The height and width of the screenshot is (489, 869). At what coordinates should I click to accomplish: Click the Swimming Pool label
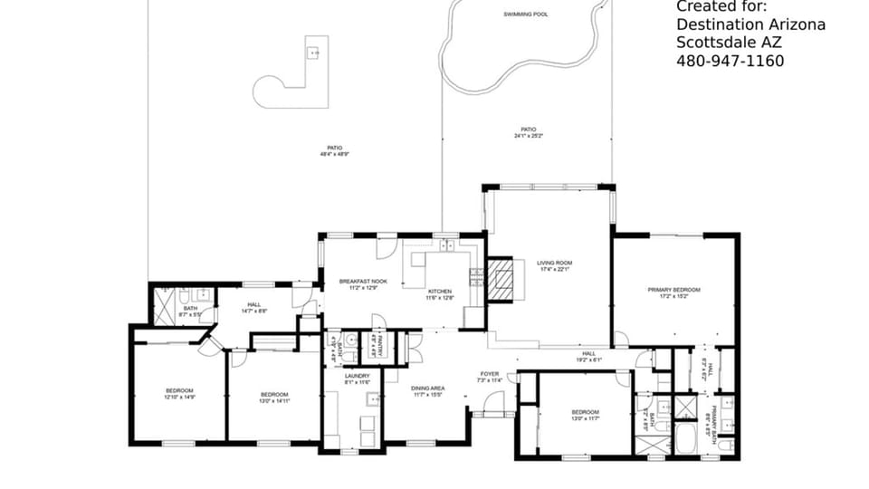(525, 14)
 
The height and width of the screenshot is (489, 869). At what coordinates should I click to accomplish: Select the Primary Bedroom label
(673, 290)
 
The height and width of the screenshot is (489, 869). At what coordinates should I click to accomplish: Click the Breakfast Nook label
(363, 282)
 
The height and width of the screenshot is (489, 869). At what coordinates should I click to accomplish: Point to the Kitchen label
(440, 292)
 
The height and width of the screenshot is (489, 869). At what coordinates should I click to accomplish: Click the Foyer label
(489, 373)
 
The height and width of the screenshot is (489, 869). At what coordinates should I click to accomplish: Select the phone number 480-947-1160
(730, 61)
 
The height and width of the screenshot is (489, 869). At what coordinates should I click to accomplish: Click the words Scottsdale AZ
(735, 43)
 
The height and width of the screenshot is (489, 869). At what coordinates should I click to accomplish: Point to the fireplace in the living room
(503, 279)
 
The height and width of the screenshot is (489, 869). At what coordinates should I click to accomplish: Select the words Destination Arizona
(750, 24)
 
